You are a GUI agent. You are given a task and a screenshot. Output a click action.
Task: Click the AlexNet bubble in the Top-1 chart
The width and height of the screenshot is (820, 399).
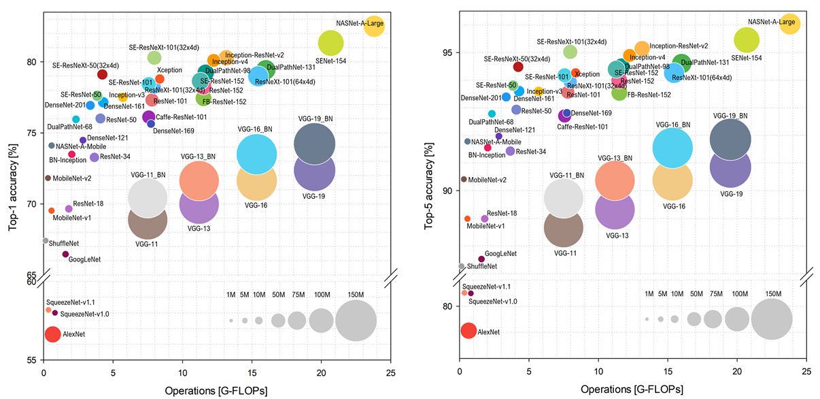pyautogui.click(x=53, y=334)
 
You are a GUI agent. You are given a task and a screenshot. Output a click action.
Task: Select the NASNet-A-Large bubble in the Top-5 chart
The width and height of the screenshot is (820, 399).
pyautogui.click(x=789, y=23)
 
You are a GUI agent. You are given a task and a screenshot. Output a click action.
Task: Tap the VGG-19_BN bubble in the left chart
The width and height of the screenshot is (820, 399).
pyautogui.click(x=314, y=144)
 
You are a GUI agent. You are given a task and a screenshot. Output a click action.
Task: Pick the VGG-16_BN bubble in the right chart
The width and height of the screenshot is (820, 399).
pyautogui.click(x=672, y=148)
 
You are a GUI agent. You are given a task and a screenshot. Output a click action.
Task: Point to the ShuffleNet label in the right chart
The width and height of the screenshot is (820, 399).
pyautogui.click(x=482, y=266)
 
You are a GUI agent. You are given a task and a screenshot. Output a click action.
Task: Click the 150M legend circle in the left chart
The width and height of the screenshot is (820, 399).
pyautogui.click(x=356, y=320)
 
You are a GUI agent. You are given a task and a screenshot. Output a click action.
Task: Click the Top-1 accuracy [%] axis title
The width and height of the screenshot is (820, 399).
pyautogui.click(x=13, y=185)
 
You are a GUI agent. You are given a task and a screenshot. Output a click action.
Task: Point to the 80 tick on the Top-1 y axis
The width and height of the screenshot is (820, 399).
pyautogui.click(x=31, y=61)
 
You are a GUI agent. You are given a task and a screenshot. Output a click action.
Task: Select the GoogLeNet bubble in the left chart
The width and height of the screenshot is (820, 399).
pyautogui.click(x=65, y=254)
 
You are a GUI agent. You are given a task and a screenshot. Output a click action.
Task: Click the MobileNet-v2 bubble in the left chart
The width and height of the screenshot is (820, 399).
pyautogui.click(x=48, y=178)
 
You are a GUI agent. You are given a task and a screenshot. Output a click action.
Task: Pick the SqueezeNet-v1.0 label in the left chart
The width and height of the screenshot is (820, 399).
pyautogui.click(x=85, y=314)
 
